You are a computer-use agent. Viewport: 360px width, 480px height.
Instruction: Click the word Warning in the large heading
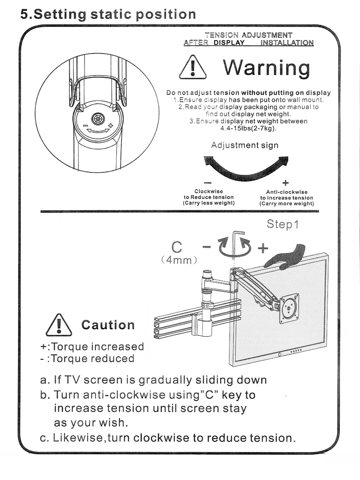[266, 68]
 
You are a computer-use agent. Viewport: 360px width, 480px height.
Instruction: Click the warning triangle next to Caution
[58, 325]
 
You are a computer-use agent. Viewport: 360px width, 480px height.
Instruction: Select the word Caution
[108, 325]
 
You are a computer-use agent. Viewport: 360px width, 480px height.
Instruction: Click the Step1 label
[283, 224]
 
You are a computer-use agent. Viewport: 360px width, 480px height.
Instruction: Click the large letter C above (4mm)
[177, 247]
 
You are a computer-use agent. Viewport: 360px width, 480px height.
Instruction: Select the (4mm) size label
[180, 260]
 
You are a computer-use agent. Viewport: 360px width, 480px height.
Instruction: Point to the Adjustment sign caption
[245, 145]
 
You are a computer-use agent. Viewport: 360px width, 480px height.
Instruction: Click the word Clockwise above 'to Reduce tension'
[208, 191]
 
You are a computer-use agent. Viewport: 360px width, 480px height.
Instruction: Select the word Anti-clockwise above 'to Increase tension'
[287, 192]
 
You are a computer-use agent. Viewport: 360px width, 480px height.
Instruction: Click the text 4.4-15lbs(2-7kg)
[248, 128]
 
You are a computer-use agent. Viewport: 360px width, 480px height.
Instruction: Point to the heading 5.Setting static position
[108, 14]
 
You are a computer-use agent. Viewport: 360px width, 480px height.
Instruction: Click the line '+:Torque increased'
[92, 346]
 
